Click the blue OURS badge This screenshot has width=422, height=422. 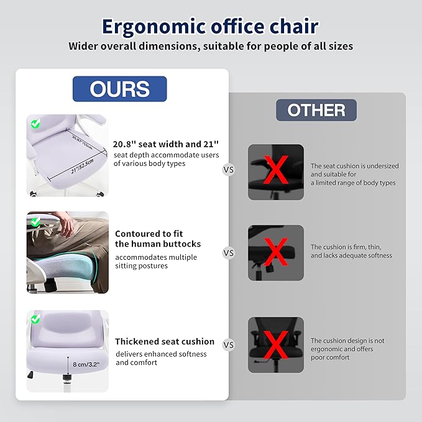coord(119,89)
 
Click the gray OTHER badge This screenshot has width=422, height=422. coord(316,110)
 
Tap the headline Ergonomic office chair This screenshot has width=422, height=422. coord(210,27)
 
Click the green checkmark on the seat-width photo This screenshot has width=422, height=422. coord(35,124)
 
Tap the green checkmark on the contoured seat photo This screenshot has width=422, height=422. coord(35,221)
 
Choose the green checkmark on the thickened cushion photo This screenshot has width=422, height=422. coord(35,319)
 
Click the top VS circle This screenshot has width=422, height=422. coord(229,169)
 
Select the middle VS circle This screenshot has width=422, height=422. coord(229,253)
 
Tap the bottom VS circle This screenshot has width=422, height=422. coord(229,345)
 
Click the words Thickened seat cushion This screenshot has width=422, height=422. coord(164,341)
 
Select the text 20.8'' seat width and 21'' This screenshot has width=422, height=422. coord(165,143)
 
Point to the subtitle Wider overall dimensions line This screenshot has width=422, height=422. coord(210,45)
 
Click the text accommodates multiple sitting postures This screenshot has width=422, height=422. coord(156,261)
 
